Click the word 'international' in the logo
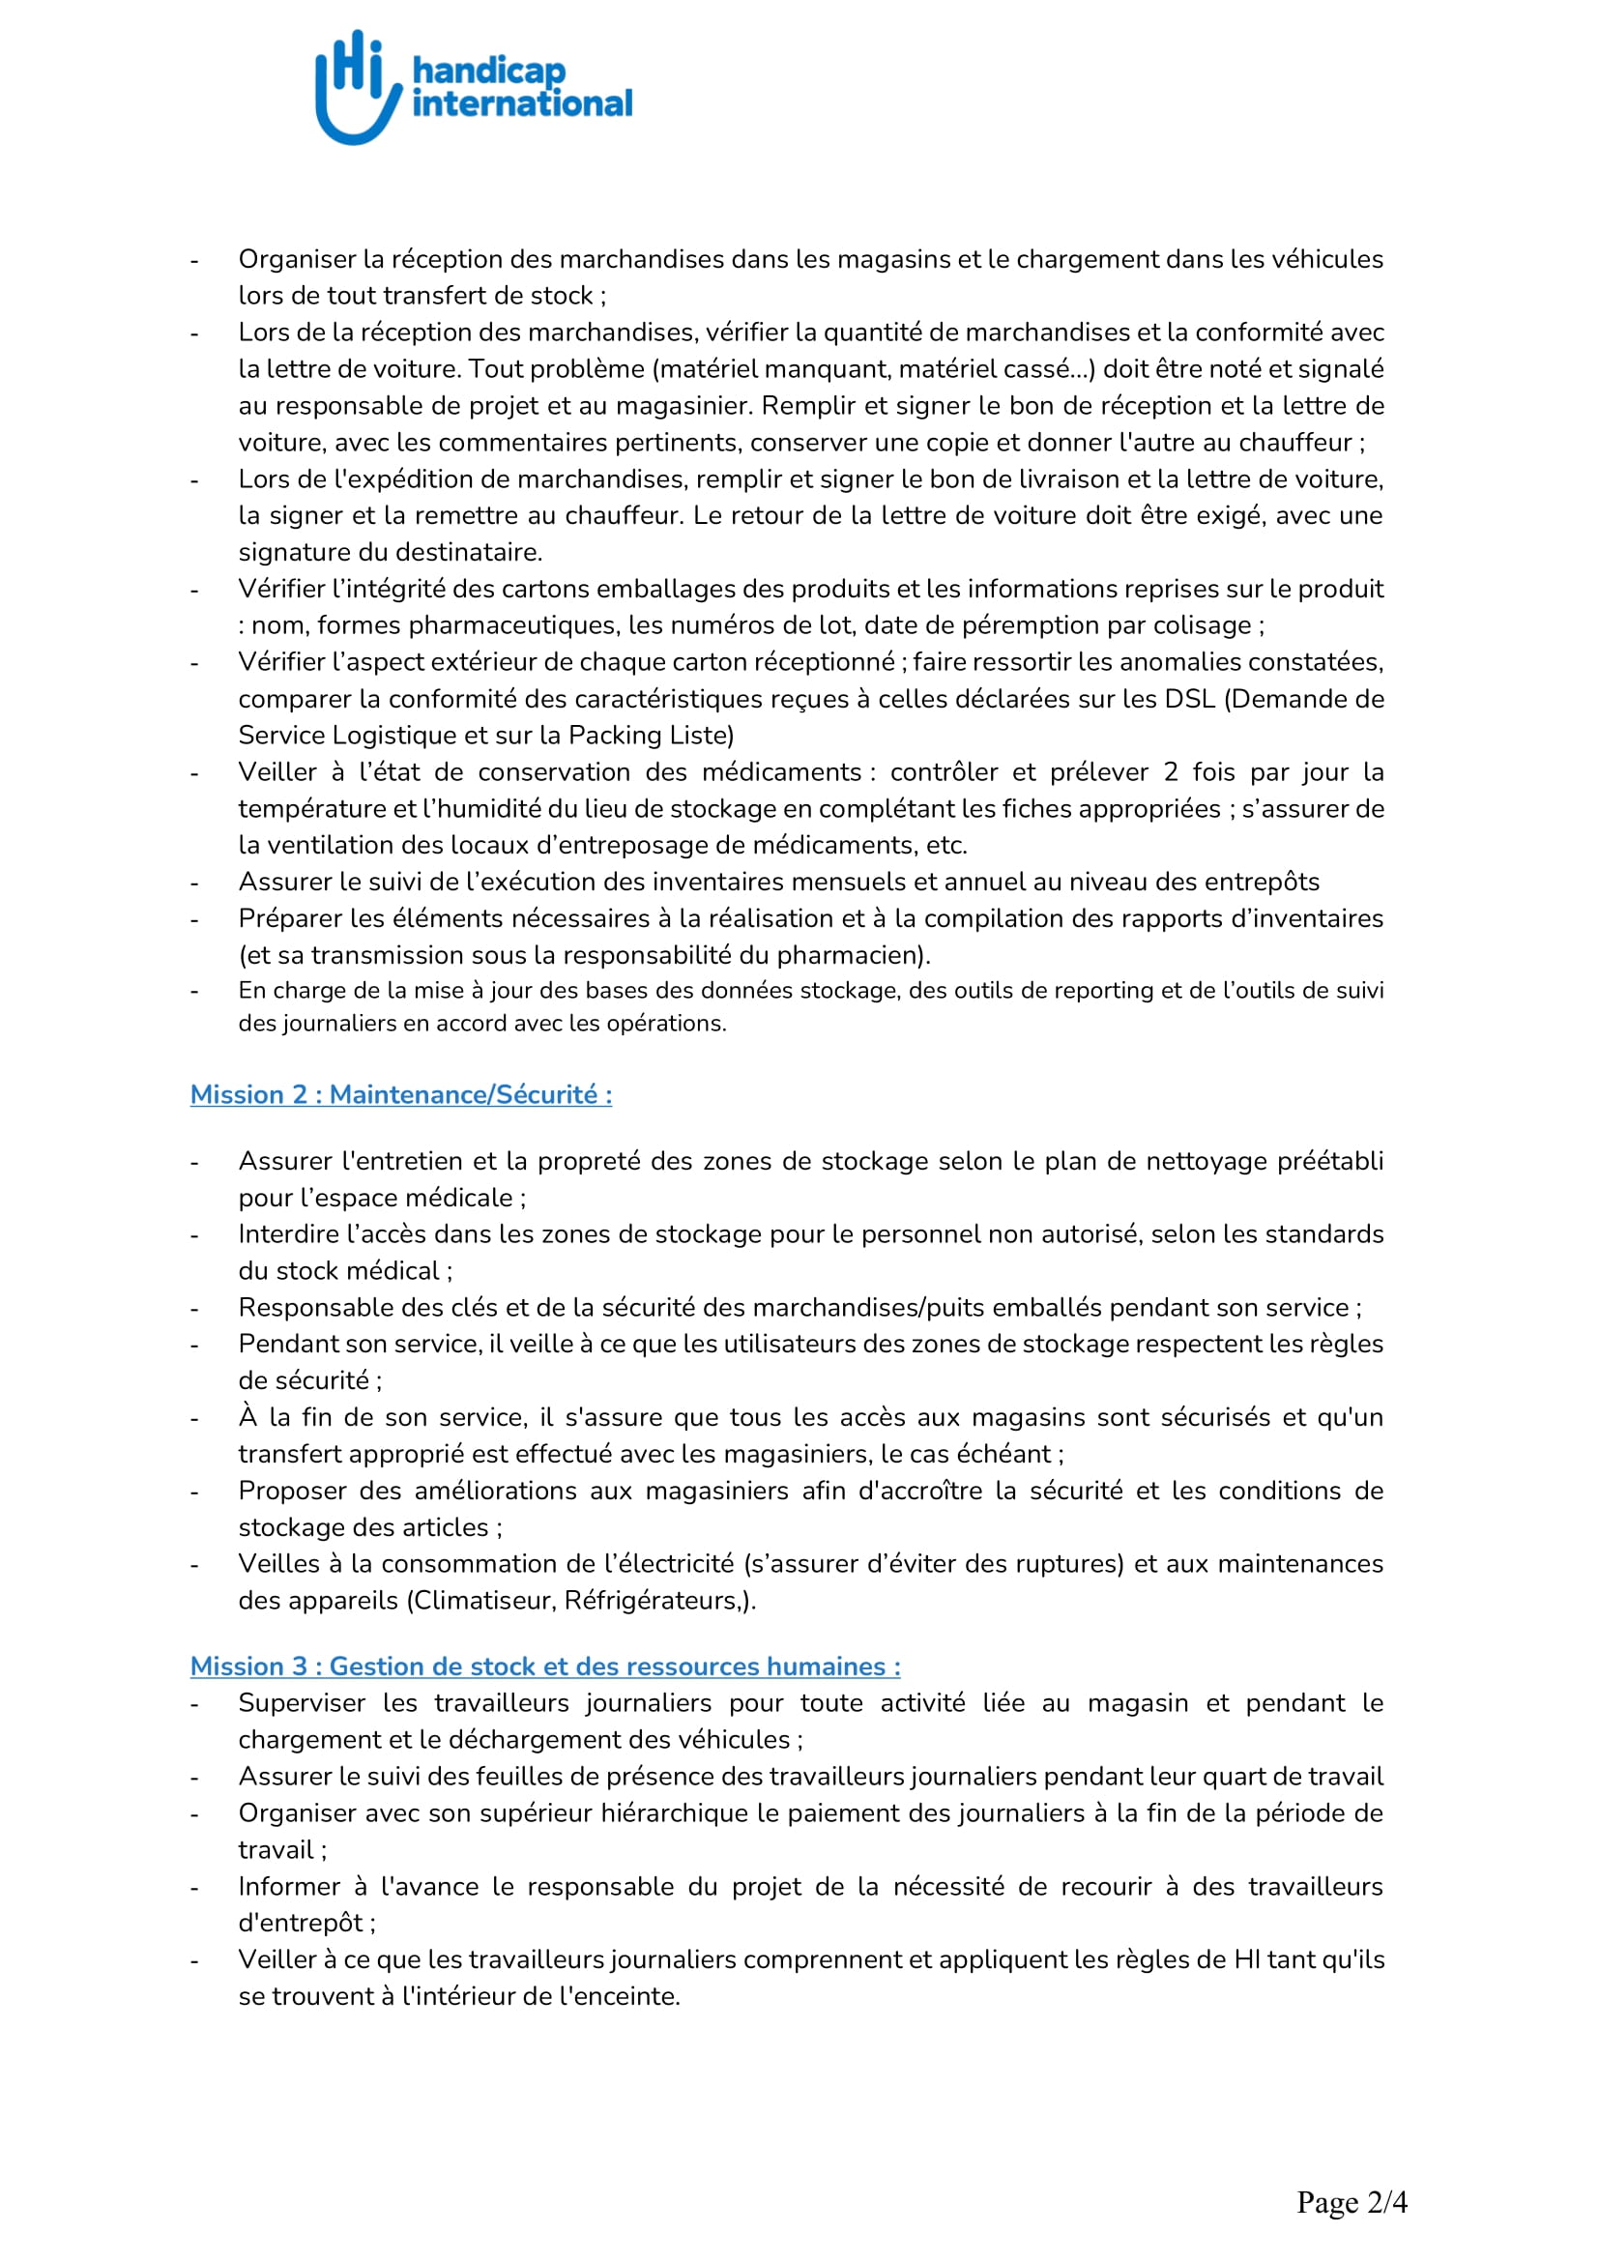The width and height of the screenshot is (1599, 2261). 522,103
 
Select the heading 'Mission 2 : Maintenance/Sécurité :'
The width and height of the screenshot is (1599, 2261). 401,1094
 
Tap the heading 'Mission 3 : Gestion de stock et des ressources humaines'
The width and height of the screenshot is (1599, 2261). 544,1666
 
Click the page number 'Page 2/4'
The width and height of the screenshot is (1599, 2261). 1351,2201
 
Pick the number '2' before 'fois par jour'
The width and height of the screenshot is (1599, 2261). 1170,771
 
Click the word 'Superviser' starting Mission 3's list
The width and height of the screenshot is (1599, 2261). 302,1702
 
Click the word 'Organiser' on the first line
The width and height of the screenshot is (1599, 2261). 297,259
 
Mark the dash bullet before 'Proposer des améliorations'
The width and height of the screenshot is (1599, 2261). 195,1492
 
